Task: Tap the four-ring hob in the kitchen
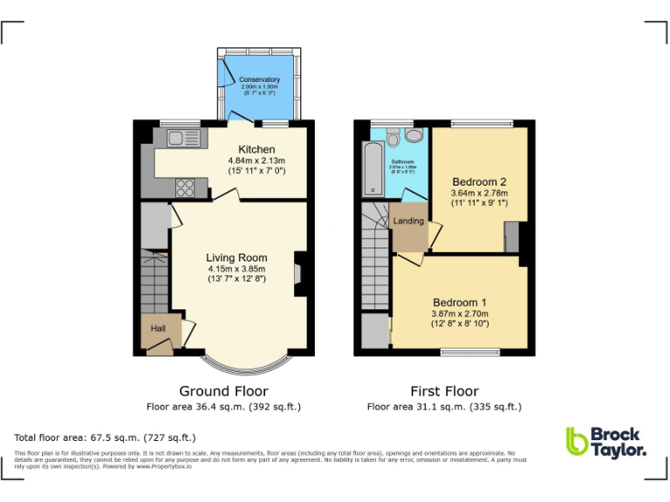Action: (x=186, y=187)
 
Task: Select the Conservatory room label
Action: (x=259, y=80)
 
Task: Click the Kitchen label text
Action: (x=256, y=150)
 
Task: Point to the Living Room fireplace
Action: (x=299, y=269)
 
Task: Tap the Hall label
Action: (x=159, y=329)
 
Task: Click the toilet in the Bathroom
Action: (x=393, y=137)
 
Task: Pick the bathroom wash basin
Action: (x=414, y=134)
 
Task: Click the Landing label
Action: (x=408, y=221)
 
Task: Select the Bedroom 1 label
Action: (x=460, y=302)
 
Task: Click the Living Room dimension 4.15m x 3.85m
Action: (x=236, y=268)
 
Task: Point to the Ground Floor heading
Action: (x=223, y=391)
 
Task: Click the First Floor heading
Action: (x=444, y=391)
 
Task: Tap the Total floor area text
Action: (x=106, y=438)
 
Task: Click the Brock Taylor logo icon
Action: (x=577, y=442)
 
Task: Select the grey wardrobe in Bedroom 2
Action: (x=512, y=237)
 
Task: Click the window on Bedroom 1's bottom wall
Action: (x=470, y=352)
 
